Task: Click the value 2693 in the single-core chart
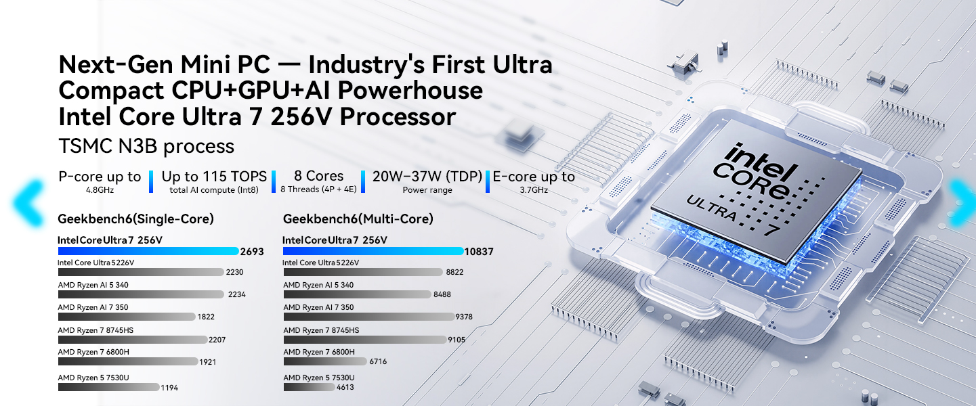(x=251, y=252)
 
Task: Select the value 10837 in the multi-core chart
(x=479, y=252)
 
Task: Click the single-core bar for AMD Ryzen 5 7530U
(x=109, y=387)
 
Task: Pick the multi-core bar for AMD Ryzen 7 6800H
(x=324, y=361)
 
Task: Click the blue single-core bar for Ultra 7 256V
(x=148, y=251)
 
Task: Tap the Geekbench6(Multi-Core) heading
(x=358, y=219)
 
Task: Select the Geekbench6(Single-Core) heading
(x=135, y=219)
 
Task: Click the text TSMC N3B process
(x=146, y=146)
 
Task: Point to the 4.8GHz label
(x=100, y=190)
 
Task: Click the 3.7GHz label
(x=533, y=190)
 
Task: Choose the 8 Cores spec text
(x=318, y=177)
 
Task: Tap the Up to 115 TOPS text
(x=214, y=177)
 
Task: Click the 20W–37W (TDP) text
(x=427, y=177)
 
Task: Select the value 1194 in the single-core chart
(x=169, y=388)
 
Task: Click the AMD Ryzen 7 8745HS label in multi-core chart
(x=321, y=330)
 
